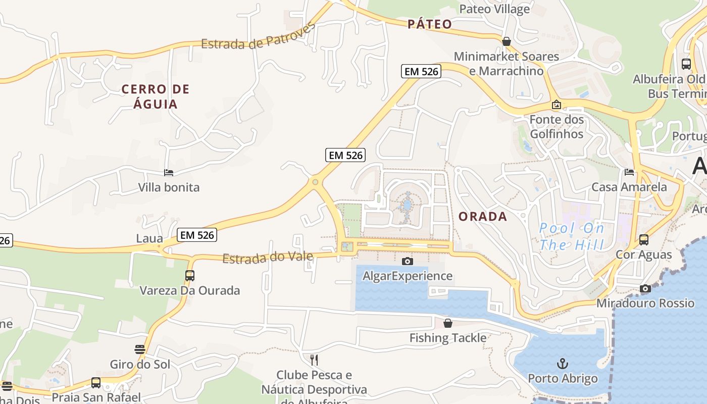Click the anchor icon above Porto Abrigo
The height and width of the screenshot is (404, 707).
coord(562,363)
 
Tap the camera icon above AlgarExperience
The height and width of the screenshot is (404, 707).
coord(407,261)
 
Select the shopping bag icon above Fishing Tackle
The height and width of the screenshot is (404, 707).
coord(447,323)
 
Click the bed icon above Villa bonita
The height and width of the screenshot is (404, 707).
coord(169,173)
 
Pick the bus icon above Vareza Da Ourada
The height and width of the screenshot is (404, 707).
coord(190,276)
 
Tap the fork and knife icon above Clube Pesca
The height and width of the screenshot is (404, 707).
coord(314,360)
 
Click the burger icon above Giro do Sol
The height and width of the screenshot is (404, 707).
coord(140,349)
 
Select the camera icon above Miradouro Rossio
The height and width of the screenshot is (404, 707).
coord(645,289)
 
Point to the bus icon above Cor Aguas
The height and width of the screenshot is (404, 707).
coord(643,240)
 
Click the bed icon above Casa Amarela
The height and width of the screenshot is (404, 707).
coord(629,172)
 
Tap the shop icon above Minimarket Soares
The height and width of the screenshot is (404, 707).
coord(506,41)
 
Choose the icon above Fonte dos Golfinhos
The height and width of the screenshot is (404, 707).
coord(556,105)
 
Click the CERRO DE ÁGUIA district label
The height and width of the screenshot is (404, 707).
coord(156,96)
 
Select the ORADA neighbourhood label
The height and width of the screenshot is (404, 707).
coord(482,217)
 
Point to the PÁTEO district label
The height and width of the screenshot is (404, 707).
coord(430,24)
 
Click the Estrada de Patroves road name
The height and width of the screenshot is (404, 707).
coord(258,36)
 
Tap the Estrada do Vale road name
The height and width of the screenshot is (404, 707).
coord(268,258)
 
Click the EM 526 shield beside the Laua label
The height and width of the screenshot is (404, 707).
coord(197,235)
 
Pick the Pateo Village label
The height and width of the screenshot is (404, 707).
coord(494,9)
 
